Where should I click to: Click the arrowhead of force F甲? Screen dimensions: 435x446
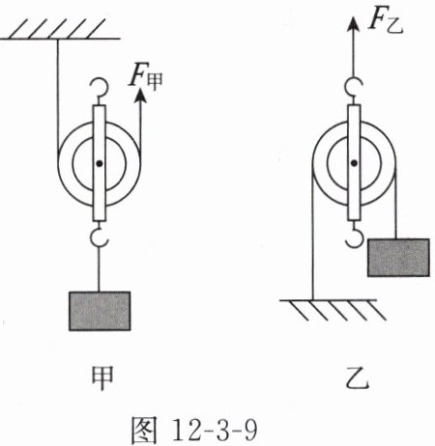140,96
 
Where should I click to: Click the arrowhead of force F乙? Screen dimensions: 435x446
354,24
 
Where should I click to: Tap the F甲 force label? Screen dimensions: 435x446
146,77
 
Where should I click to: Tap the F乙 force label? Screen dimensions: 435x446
386,22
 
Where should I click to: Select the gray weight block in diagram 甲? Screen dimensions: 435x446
100,311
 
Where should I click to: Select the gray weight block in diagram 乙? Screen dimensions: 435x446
398,258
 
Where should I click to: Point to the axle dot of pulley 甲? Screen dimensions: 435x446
100,163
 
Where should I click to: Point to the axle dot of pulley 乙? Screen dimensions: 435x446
354,163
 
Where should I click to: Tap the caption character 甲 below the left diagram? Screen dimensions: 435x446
102,377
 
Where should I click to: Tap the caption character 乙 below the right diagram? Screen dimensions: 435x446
357,377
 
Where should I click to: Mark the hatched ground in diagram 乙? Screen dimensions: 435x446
332,310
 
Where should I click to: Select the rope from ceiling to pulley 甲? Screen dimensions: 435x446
57,95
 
